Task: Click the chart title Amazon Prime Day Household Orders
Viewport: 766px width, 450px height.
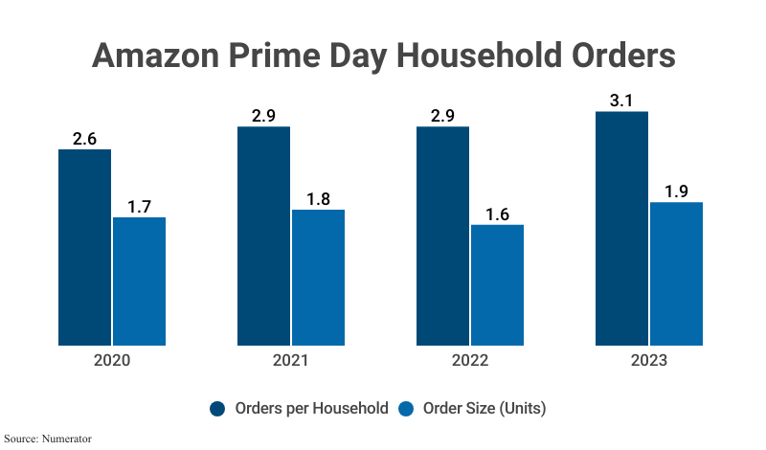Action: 383,55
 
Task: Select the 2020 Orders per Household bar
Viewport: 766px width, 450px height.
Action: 84,247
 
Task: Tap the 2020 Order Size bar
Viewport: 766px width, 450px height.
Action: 139,281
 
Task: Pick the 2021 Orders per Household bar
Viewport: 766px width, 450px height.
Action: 263,236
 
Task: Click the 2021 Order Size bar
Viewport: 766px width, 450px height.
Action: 318,277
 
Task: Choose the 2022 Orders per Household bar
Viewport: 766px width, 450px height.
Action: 442,236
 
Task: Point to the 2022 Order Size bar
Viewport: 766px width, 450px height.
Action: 497,284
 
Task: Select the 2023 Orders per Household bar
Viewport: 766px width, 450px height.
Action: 621,228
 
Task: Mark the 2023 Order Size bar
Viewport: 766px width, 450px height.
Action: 676,273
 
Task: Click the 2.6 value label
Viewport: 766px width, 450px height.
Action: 84,138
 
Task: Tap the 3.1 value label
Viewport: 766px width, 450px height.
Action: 621,100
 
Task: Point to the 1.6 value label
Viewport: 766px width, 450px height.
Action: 497,214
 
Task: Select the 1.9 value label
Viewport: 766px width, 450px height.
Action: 676,191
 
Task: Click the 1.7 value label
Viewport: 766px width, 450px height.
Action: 139,206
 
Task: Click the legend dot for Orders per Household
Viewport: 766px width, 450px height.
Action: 217,409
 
